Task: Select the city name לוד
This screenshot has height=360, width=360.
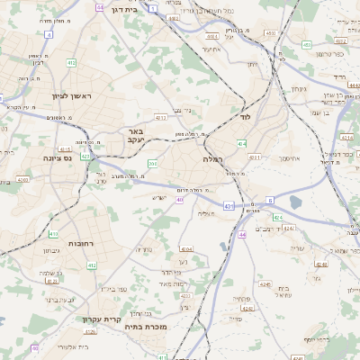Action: pyautogui.click(x=244, y=117)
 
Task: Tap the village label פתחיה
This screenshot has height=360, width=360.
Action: pyautogui.click(x=241, y=299)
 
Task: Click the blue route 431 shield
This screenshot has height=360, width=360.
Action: pyautogui.click(x=229, y=206)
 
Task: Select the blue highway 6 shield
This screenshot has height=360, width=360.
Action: pyautogui.click(x=268, y=200)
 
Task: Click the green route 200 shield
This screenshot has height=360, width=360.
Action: pyautogui.click(x=152, y=163)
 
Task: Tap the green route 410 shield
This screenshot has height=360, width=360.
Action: pyautogui.click(x=54, y=234)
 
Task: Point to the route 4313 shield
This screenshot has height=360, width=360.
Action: pyautogui.click(x=160, y=117)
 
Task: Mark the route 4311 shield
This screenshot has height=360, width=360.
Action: pyautogui.click(x=254, y=157)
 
